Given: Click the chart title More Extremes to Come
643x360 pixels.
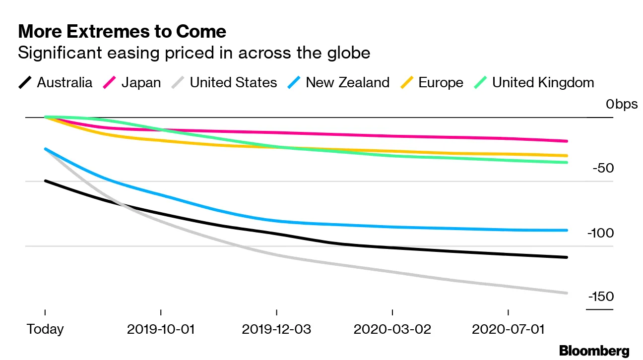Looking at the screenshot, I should pos(122,32).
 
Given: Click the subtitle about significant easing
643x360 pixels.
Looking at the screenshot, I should pos(194,53).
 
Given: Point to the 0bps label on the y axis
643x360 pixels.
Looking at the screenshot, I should pos(621,105).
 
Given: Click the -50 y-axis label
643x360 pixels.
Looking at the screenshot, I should pos(603,169).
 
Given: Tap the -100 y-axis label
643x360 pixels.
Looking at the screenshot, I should pos(601,233).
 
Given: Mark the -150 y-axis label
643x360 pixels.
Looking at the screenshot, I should pos(601,297).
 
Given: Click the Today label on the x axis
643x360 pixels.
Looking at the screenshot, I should pos(45,329).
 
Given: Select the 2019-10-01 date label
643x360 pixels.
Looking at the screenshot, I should pos(161,329).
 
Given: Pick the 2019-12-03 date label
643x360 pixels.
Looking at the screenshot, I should pos(277,329).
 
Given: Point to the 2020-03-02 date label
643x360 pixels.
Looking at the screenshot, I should pos(392,329).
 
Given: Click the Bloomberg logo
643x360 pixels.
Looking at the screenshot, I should pos(594,351).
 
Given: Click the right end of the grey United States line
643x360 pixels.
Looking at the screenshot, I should pos(567,293).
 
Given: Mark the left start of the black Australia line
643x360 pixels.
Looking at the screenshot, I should pos(45,181).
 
